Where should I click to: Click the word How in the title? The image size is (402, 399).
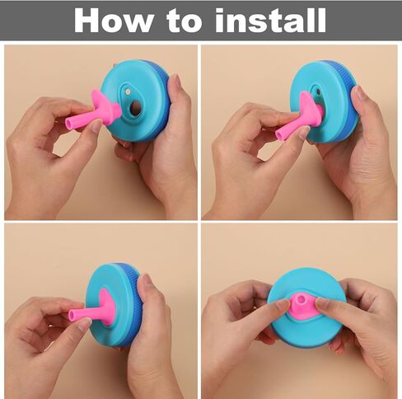[x=113, y=21]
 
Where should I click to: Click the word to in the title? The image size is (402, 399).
[x=184, y=22]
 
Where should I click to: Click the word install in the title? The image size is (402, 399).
[x=270, y=20]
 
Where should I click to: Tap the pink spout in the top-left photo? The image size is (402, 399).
[x=95, y=111]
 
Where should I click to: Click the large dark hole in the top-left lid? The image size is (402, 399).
[x=135, y=108]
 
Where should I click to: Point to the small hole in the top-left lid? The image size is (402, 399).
[x=128, y=90]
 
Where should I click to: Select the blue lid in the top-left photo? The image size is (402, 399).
[x=137, y=101]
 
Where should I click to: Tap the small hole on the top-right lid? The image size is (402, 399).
[x=318, y=92]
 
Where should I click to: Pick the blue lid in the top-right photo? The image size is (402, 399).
[x=324, y=101]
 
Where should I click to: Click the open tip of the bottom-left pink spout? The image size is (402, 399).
[x=72, y=315]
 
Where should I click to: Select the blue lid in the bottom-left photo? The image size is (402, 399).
[x=114, y=305]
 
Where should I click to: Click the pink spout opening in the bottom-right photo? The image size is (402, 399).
[x=301, y=298]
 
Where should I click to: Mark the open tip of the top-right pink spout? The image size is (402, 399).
[x=280, y=134]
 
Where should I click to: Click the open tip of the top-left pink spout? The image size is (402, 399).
[x=70, y=122]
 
